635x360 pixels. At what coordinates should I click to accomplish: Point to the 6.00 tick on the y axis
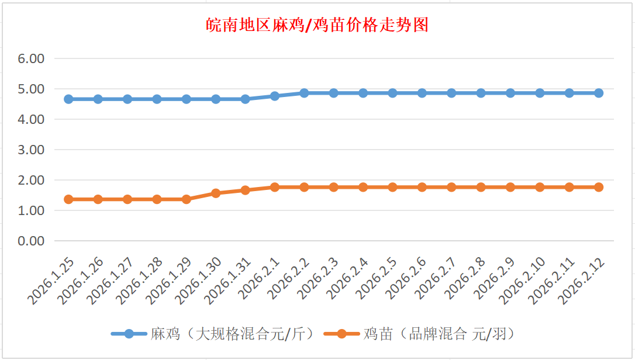tap(32, 58)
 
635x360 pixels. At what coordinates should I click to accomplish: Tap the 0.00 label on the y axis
tap(32, 241)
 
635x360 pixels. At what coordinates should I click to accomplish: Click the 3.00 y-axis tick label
tap(32, 150)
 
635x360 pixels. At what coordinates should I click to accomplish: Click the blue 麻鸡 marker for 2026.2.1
tap(275, 96)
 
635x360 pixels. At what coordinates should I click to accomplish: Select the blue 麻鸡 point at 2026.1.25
tap(68, 99)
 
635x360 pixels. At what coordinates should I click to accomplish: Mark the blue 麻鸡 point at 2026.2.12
tap(599, 93)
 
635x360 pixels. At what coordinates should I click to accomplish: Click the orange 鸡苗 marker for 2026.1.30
tap(216, 193)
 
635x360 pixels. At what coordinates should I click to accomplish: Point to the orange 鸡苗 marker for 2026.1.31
tap(245, 190)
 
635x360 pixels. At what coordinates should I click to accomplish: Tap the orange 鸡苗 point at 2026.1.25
tap(68, 199)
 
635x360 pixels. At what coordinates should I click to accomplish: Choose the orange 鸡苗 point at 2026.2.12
tap(599, 187)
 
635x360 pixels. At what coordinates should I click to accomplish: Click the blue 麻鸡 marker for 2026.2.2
tap(304, 93)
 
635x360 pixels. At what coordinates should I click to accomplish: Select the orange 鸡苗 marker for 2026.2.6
tap(422, 187)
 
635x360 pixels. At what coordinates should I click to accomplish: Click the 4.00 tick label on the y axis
tap(32, 119)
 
